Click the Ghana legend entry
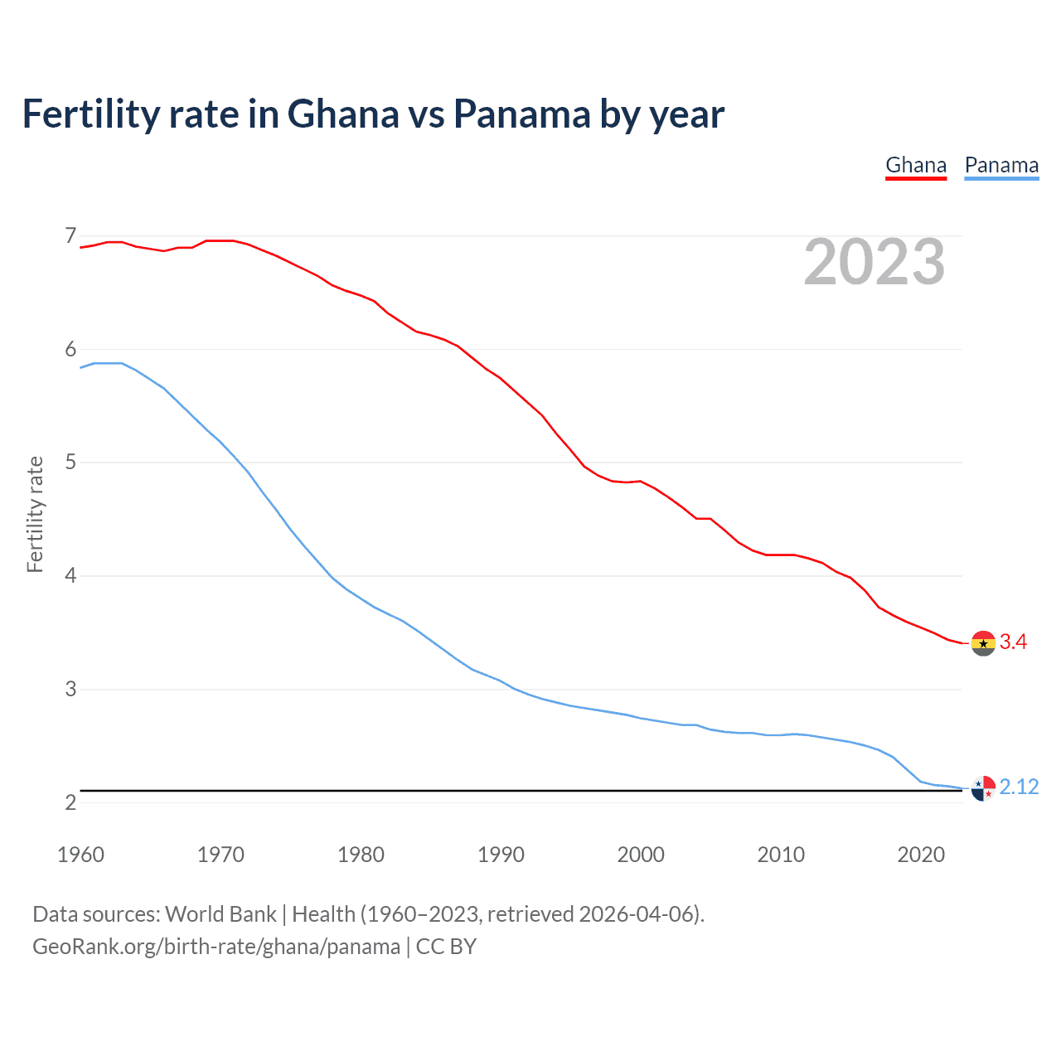[x=916, y=165]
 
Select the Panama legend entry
[x=1001, y=165]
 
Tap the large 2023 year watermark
[x=874, y=262]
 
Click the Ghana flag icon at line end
[x=983, y=642]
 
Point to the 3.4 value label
[x=1013, y=642]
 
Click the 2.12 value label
[x=1019, y=787]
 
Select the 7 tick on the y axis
[x=70, y=236]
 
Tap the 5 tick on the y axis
[x=70, y=462]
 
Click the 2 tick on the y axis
[x=70, y=802]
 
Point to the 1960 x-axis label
[x=80, y=855]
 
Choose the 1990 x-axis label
[x=501, y=855]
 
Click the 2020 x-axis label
[x=921, y=855]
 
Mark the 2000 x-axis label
[x=641, y=855]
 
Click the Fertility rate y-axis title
[x=35, y=514]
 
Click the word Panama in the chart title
[x=522, y=114]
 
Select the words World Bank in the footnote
[x=220, y=914]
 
